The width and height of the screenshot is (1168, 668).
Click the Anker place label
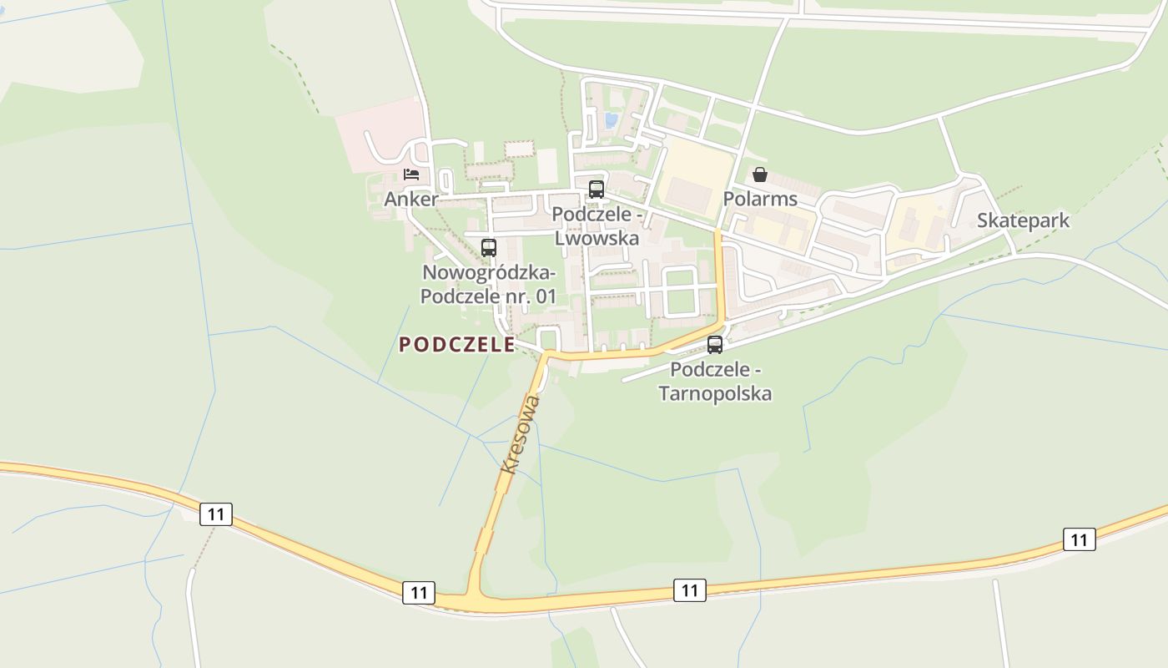(410, 200)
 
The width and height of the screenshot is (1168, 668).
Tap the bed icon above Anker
(411, 175)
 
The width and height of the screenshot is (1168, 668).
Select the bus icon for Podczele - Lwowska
(596, 190)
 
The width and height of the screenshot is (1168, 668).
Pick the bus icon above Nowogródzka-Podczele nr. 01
(489, 248)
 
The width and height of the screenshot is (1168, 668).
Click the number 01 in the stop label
(546, 296)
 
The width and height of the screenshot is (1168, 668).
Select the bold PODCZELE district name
(456, 345)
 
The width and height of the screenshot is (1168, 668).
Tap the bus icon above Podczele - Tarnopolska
(715, 345)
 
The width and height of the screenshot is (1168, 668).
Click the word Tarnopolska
(715, 393)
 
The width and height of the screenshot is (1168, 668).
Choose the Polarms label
(760, 199)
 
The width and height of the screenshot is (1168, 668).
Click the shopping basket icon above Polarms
(760, 175)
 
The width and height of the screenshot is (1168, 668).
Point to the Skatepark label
(1023, 220)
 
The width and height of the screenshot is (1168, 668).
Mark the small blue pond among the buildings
(612, 120)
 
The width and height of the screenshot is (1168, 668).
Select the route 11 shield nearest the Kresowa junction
(419, 593)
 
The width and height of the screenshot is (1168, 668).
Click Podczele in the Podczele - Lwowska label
(591, 215)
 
